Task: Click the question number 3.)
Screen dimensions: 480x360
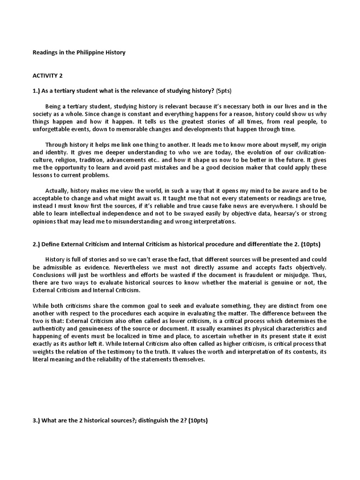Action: coord(36,420)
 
